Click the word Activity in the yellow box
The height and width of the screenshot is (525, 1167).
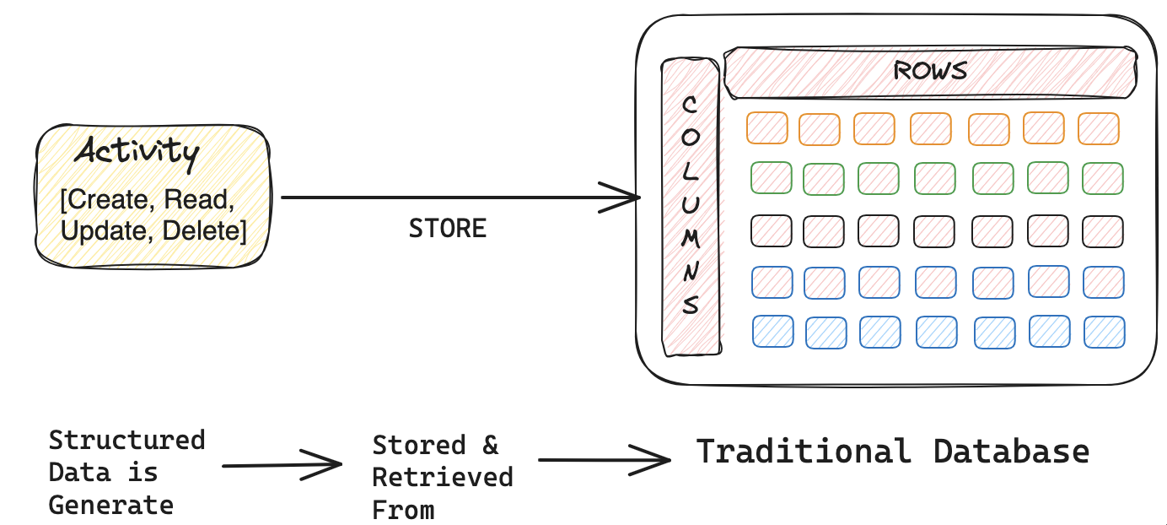coord(137,153)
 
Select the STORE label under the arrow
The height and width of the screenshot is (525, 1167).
coord(448,229)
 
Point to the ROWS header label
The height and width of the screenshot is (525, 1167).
coord(930,70)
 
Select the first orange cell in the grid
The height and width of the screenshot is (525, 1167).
coord(766,128)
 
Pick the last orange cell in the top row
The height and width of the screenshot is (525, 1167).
coord(1098,128)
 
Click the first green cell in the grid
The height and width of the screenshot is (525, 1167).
coord(771,177)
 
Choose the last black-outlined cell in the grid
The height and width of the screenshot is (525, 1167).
coord(1103,231)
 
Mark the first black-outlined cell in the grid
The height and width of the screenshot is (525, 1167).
coord(771,230)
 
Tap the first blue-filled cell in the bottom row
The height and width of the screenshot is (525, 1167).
coord(772,331)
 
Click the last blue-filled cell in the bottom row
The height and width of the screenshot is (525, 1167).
coord(1104,332)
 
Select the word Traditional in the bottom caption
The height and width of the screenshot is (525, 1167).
coord(803,452)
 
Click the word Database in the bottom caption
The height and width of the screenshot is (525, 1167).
coord(1011,452)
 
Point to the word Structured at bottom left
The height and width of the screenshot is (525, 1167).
coord(126,441)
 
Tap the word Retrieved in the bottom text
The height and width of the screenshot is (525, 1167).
coord(443,478)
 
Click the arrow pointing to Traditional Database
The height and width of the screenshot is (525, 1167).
coord(604,460)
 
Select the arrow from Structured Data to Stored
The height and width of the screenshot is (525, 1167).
coord(282,463)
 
